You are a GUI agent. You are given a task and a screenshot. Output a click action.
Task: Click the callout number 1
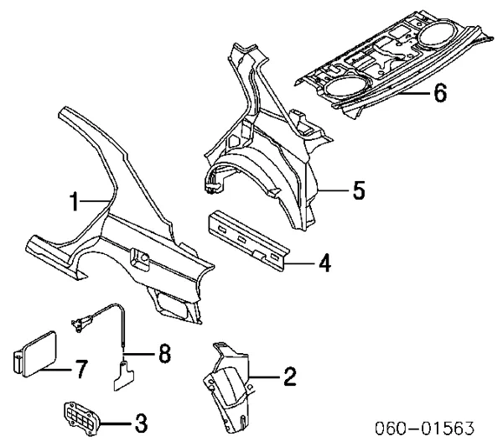74,200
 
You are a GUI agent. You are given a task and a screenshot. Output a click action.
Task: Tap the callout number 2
288,377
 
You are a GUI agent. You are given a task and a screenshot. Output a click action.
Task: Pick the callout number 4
324,264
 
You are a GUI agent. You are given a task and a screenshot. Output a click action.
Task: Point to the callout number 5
358,191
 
